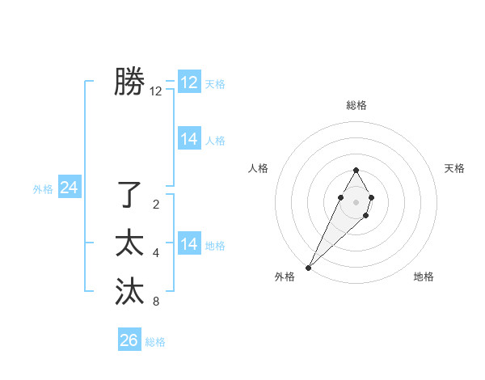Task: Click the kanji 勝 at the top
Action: click(129, 82)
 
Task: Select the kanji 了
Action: click(129, 194)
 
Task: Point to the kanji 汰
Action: click(129, 291)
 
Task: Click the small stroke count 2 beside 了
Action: click(156, 205)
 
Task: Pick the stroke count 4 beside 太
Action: click(156, 253)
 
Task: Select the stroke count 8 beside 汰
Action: click(156, 302)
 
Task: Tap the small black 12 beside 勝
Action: click(156, 92)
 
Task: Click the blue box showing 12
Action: click(189, 82)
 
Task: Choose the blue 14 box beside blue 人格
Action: click(189, 139)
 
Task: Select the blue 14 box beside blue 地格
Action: click(189, 244)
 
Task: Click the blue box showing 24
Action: click(69, 188)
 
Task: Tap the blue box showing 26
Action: click(129, 340)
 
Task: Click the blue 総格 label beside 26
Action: click(155, 342)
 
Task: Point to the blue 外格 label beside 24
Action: click(43, 189)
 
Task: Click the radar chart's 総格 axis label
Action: click(356, 105)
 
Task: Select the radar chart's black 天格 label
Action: click(454, 168)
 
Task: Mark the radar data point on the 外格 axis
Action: click(309, 268)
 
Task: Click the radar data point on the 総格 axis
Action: click(356, 170)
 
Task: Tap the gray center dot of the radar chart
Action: click(356, 201)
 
